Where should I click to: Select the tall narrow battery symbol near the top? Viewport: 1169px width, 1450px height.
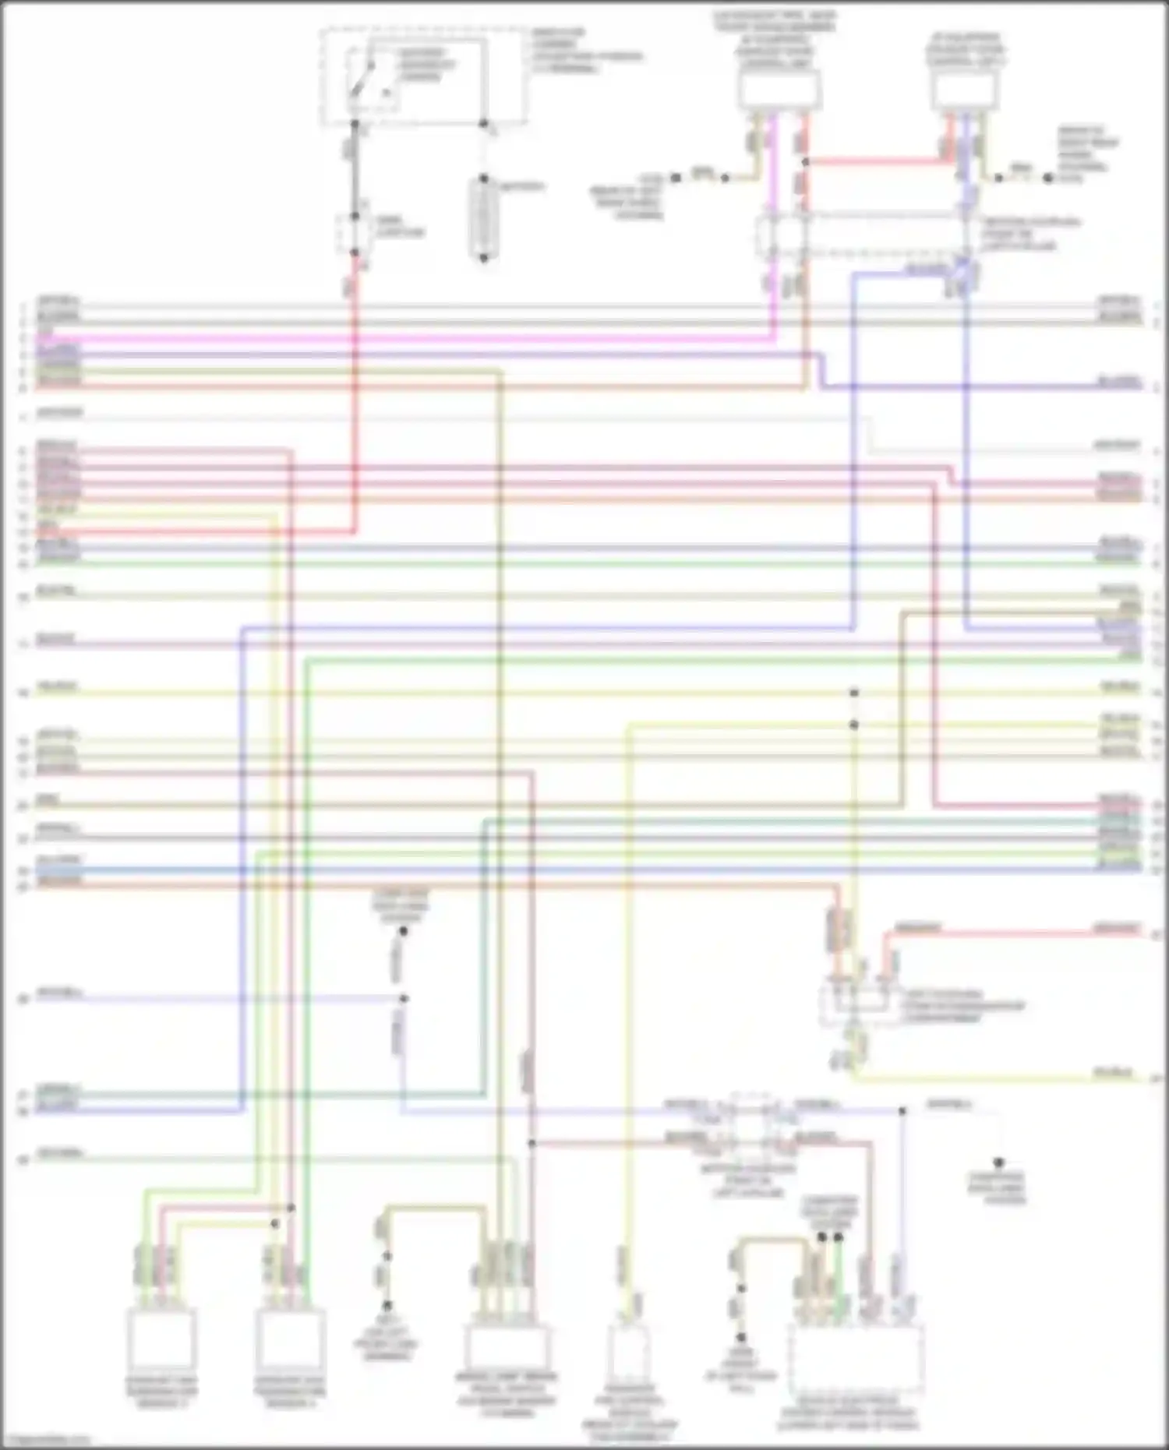483,218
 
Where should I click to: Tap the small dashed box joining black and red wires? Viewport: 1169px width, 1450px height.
354,234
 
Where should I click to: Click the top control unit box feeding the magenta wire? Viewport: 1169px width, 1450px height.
779,90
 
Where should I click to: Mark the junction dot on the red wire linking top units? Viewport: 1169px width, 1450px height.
805,162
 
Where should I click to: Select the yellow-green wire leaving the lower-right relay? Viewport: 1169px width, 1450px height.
1013,1078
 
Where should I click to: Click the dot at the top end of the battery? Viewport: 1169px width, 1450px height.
483,179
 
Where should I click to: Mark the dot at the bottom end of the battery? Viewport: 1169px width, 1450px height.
483,258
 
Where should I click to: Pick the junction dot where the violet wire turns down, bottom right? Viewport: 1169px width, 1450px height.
902,1111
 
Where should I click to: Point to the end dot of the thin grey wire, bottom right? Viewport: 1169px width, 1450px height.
998,1162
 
